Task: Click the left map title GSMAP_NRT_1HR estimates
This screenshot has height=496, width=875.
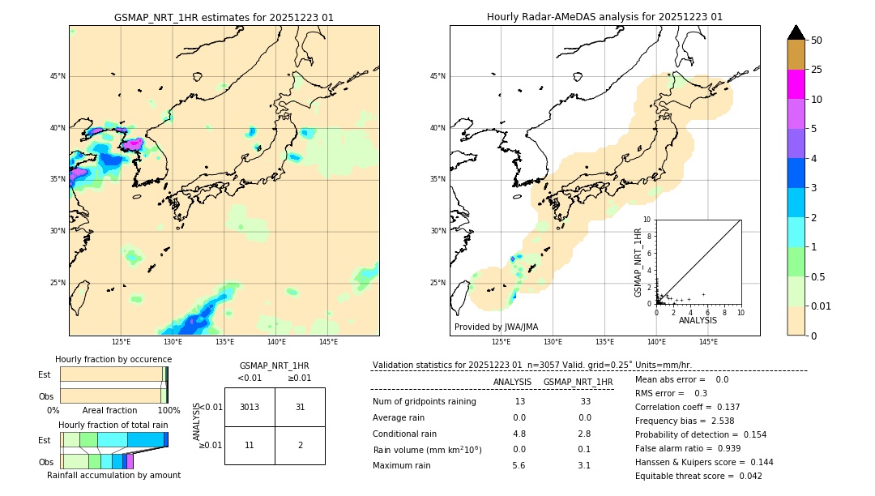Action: [x=224, y=17]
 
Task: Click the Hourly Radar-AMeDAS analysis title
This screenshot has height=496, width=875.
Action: [x=604, y=17]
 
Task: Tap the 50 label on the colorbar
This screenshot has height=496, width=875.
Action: [x=817, y=40]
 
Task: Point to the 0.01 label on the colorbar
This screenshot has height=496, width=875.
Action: [x=822, y=306]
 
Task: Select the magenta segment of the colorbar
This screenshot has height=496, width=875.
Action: [x=796, y=84]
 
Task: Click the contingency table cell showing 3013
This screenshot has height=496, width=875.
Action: [x=250, y=407]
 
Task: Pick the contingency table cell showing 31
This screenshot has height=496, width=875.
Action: [x=300, y=407]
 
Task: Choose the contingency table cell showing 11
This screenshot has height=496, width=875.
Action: [x=250, y=446]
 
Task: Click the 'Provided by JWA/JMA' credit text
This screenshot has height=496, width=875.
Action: [x=496, y=327]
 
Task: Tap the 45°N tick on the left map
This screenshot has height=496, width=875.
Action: [x=58, y=76]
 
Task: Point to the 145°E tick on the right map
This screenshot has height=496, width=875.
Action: [x=708, y=342]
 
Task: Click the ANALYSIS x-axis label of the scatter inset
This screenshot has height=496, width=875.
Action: [x=698, y=320]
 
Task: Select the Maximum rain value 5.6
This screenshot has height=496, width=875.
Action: [x=519, y=465]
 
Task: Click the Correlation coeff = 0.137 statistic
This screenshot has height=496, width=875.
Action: [x=682, y=430]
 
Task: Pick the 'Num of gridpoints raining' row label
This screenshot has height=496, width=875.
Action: [x=424, y=402]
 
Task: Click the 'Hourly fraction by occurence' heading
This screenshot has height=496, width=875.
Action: [x=113, y=359]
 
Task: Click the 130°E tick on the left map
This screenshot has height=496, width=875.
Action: [x=173, y=342]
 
